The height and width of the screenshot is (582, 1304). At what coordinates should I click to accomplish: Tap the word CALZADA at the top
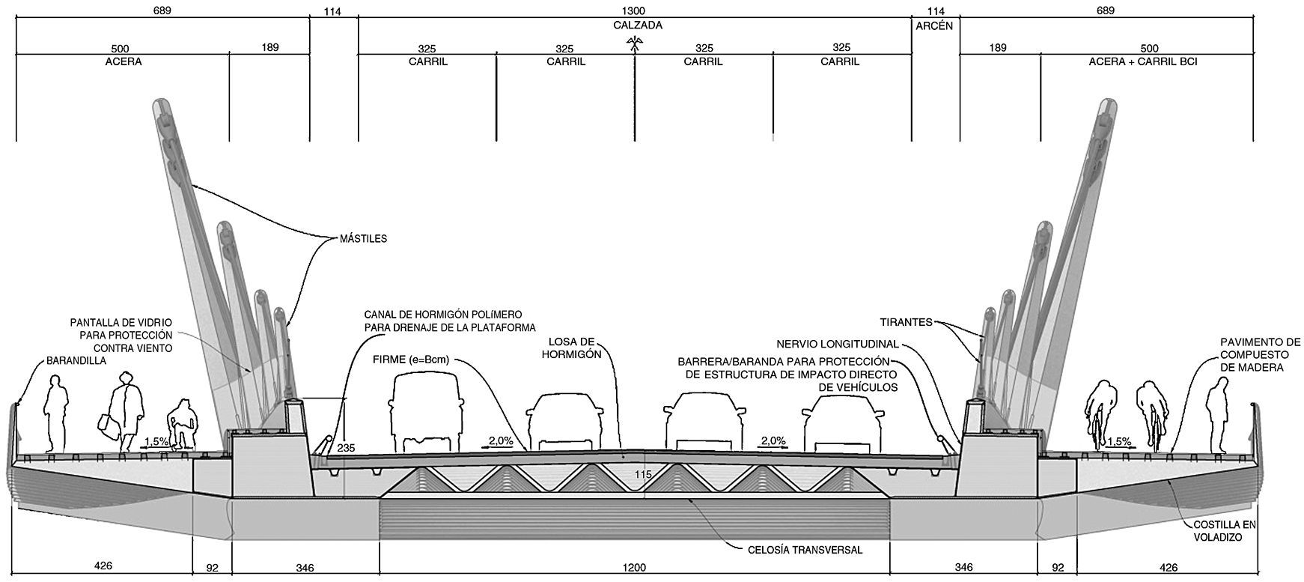[x=635, y=25]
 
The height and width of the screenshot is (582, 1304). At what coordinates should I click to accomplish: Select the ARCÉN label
[x=935, y=25]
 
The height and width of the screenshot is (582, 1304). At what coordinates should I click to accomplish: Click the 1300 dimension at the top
[x=635, y=10]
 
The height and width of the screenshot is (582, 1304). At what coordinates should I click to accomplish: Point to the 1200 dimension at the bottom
[x=634, y=567]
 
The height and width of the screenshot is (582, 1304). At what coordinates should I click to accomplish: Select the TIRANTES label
[x=907, y=323]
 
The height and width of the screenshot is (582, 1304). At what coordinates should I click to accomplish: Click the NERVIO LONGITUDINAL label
[x=838, y=344]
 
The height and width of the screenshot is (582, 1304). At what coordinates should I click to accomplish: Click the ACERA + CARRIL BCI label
[x=1143, y=62]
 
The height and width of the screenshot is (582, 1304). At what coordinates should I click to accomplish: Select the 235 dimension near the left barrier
[x=346, y=449]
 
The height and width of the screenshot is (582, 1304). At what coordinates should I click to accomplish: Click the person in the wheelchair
[x=181, y=425]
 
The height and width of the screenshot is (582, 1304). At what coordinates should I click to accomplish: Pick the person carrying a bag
[x=126, y=412]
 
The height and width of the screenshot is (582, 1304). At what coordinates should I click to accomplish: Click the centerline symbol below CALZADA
[x=635, y=46]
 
